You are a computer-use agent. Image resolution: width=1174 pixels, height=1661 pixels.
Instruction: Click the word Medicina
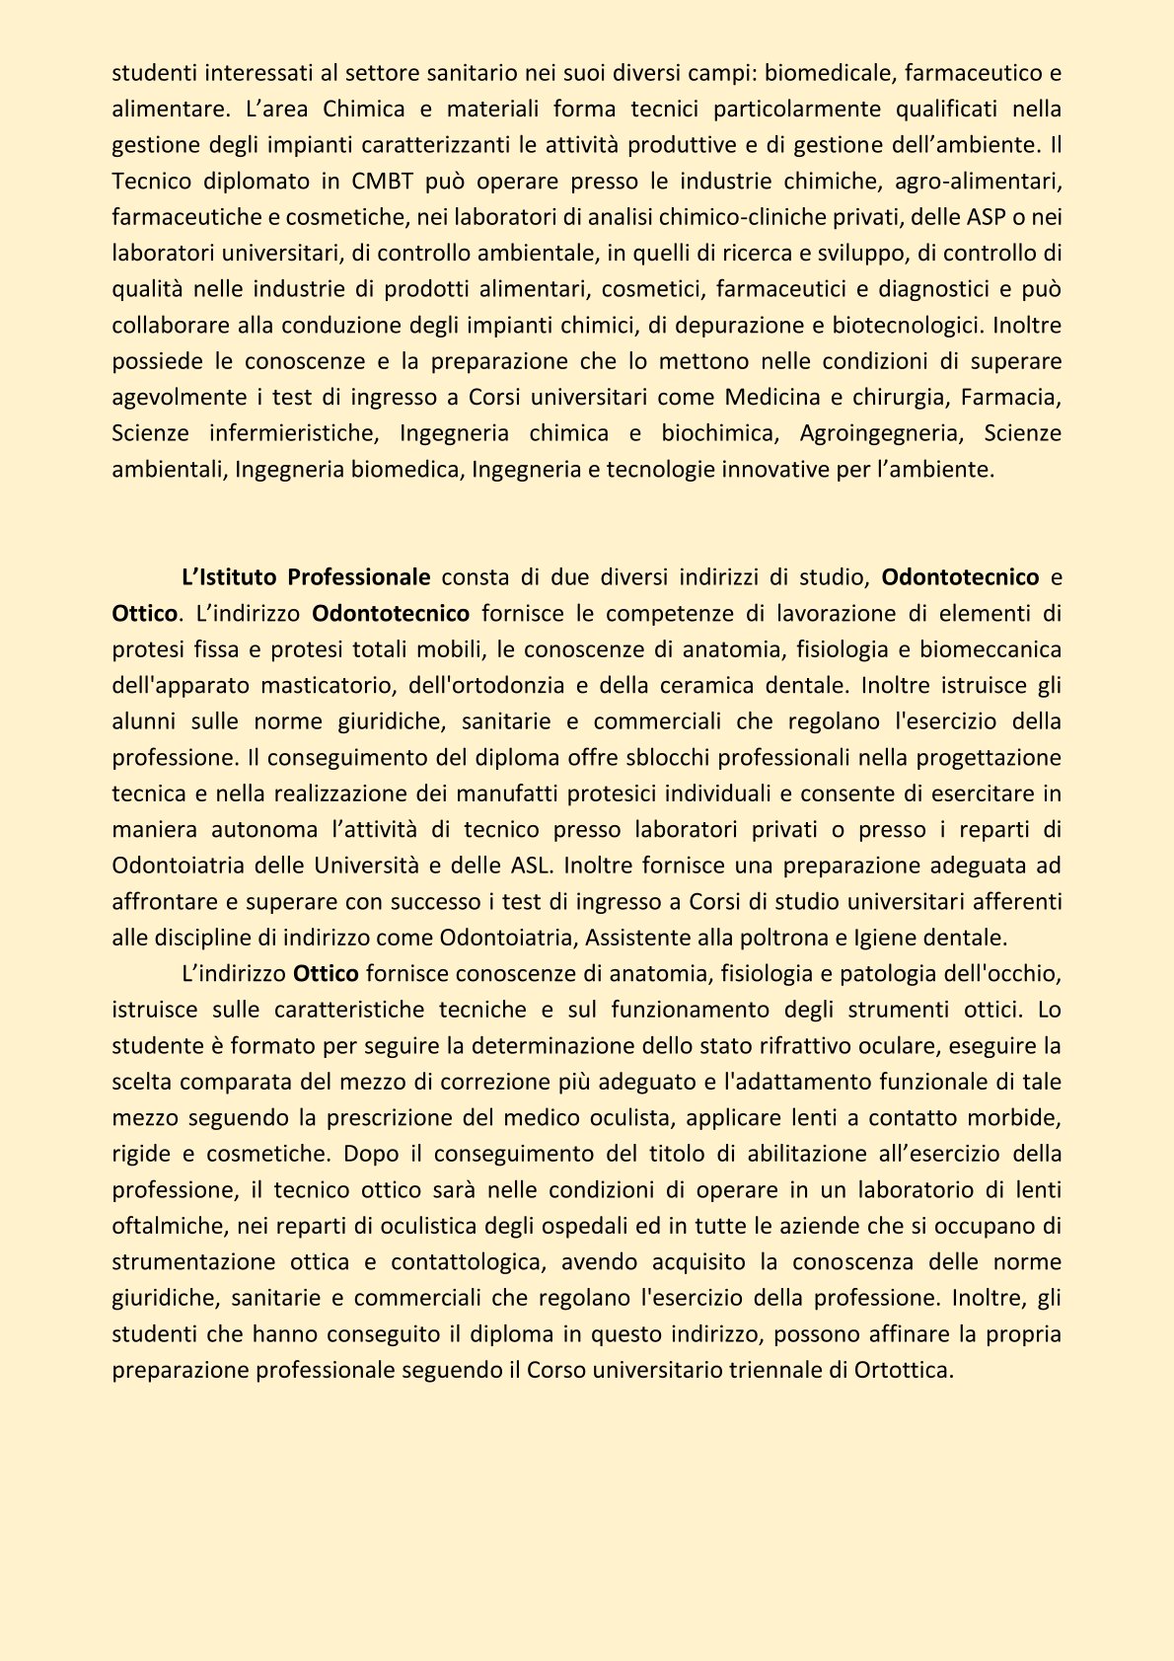click(x=772, y=397)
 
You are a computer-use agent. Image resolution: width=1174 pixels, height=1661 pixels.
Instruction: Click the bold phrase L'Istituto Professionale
click(x=306, y=576)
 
